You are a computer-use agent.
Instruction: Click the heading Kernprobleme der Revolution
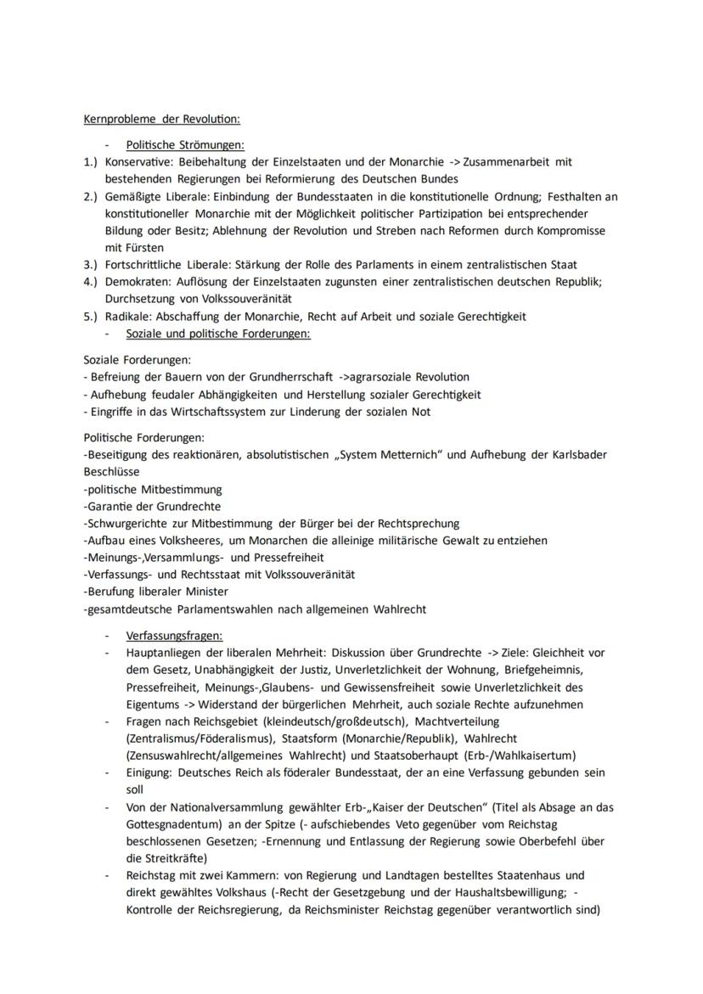pyautogui.click(x=161, y=120)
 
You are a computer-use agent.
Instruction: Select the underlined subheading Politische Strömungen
pyautogui.click(x=184, y=145)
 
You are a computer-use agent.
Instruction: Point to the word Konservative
pyautogui.click(x=134, y=161)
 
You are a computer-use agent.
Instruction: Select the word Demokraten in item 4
pyautogui.click(x=135, y=282)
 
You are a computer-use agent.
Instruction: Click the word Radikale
pyautogui.click(x=128, y=316)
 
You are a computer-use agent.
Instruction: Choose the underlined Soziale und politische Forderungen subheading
pyautogui.click(x=218, y=334)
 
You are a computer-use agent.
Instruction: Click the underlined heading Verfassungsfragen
pyautogui.click(x=174, y=635)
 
